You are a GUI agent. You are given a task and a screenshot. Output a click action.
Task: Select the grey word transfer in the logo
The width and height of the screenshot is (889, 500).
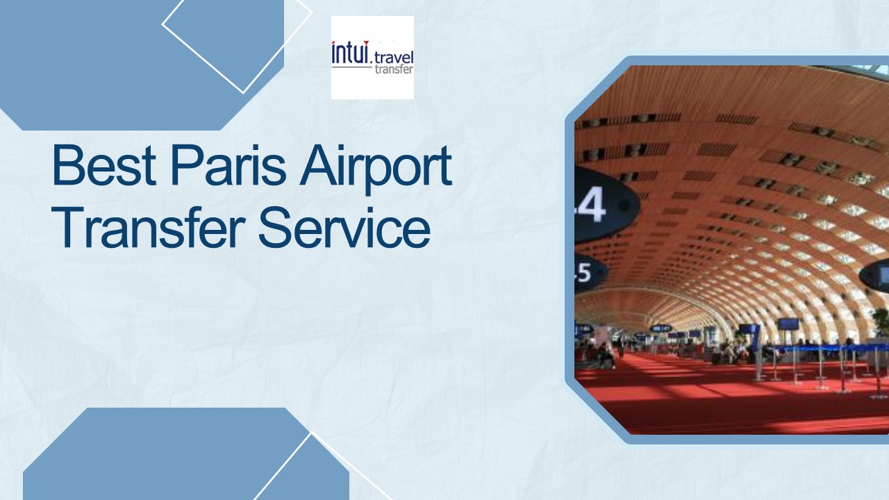(x=393, y=69)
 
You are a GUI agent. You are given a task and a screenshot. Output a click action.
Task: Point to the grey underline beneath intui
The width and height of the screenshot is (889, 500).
(x=351, y=67)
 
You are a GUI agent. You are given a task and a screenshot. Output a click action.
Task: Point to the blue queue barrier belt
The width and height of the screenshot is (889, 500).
(x=820, y=347)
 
